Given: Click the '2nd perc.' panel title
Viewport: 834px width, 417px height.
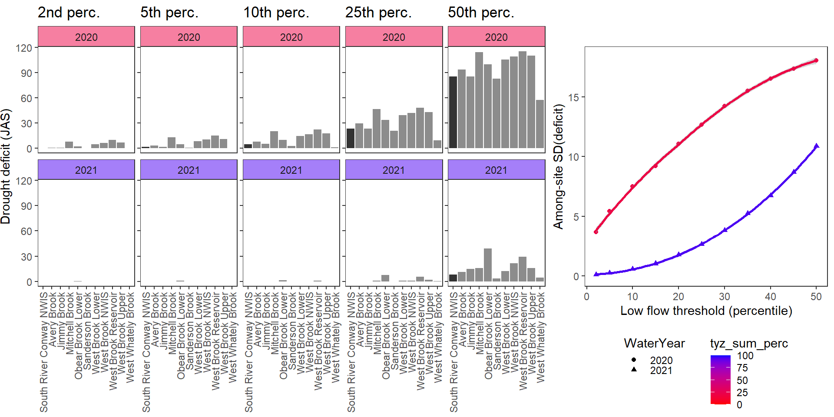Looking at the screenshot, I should click(x=69, y=13).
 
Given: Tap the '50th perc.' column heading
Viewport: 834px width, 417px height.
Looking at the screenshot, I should click(x=481, y=13).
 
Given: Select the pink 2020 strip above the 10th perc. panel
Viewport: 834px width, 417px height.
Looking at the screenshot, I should click(x=291, y=36).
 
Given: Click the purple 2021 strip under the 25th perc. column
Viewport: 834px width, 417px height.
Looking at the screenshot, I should click(x=394, y=169).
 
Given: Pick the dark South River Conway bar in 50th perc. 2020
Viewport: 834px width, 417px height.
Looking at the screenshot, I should click(x=453, y=112).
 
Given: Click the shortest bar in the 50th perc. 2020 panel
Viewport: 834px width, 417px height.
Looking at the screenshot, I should click(x=540, y=124).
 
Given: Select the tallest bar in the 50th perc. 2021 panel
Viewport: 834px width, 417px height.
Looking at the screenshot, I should click(x=488, y=265).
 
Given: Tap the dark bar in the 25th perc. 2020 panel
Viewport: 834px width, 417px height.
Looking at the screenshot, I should click(x=351, y=138).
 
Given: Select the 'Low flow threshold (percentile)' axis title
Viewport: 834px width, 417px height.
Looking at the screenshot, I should click(x=706, y=311).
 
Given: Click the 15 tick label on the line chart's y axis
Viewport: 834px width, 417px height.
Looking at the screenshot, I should click(x=573, y=97).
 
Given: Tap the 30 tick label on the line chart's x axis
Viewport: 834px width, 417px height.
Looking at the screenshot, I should click(x=724, y=297).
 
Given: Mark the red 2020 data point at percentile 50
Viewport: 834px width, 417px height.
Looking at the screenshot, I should click(x=816, y=60).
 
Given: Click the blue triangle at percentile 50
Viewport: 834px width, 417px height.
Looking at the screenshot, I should click(x=816, y=146).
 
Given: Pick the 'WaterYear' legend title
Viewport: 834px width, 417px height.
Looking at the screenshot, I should click(x=654, y=343).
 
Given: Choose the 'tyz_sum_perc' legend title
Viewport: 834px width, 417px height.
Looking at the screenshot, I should click(x=749, y=343).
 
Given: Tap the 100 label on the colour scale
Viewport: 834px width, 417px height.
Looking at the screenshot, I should click(x=745, y=356).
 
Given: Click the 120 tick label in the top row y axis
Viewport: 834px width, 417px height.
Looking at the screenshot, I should click(x=24, y=48).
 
